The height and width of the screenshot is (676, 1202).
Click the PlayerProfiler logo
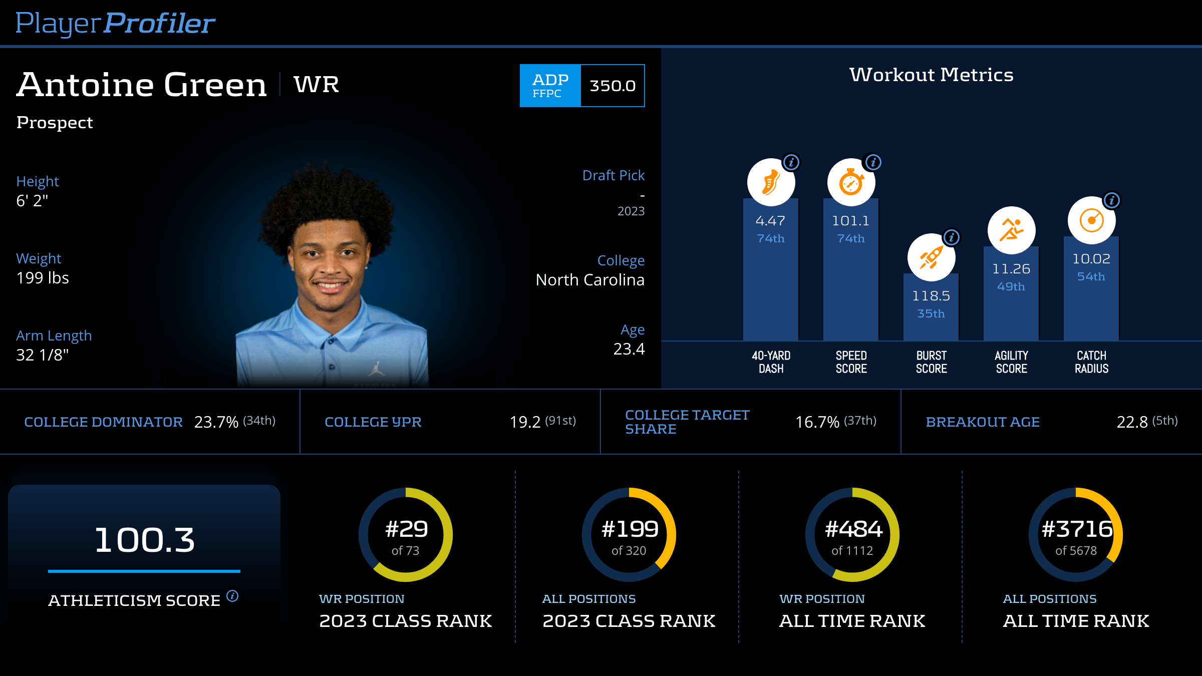point(115,23)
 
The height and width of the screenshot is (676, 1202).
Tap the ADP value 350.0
point(612,86)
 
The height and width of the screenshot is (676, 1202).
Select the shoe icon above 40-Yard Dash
point(771,182)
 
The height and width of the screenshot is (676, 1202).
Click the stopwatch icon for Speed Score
point(851,182)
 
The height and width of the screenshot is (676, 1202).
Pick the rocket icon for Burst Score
point(931,257)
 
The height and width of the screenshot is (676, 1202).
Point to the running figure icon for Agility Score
point(1011,230)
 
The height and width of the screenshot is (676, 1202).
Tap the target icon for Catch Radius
point(1091,220)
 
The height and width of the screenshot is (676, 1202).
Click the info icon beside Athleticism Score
point(232,596)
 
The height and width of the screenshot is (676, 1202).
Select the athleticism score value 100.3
point(144,540)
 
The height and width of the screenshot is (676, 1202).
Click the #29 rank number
point(406,529)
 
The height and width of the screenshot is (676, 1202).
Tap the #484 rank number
point(853,529)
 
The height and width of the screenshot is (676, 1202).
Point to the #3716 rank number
point(1077,529)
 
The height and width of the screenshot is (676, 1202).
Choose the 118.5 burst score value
point(931,296)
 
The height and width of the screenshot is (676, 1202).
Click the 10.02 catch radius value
point(1091,259)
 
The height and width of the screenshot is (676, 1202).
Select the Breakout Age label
point(983,422)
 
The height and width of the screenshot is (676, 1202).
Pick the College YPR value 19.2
point(525,422)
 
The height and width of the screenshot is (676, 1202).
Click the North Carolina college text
point(590,280)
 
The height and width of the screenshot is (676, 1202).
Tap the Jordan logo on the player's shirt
point(377,370)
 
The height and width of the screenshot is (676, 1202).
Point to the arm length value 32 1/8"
point(43,355)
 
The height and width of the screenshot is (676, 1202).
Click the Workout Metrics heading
point(931,75)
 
